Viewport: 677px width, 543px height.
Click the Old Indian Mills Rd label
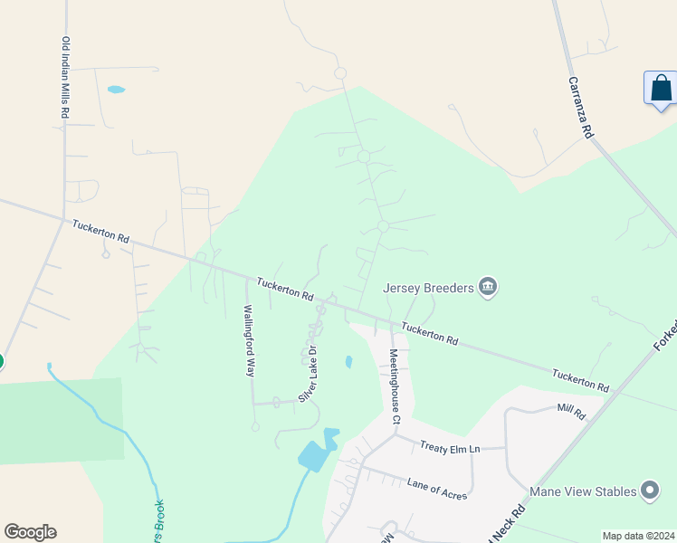pyautogui.click(x=64, y=80)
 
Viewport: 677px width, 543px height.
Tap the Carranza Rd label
pyautogui.click(x=580, y=107)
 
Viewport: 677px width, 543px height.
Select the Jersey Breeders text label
pyautogui.click(x=428, y=288)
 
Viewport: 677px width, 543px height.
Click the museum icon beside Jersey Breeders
pyautogui.click(x=489, y=288)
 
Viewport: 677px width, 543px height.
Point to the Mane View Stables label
pyautogui.click(x=586, y=491)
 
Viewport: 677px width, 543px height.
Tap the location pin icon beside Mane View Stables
pyautogui.click(x=649, y=491)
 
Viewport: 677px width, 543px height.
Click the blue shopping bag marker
pyautogui.click(x=661, y=89)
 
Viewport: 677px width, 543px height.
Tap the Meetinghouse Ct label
pyautogui.click(x=394, y=386)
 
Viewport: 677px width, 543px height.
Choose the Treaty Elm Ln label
pyautogui.click(x=449, y=448)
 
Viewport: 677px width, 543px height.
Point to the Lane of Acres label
pyautogui.click(x=436, y=490)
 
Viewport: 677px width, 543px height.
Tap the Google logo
pyautogui.click(x=30, y=532)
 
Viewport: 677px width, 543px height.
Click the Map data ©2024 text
pyautogui.click(x=638, y=535)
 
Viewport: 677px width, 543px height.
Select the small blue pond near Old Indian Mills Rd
pyautogui.click(x=116, y=90)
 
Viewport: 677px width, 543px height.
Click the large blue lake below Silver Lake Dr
pyautogui.click(x=314, y=455)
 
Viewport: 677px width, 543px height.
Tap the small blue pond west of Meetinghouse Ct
pyautogui.click(x=348, y=362)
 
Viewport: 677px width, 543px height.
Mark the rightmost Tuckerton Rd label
pyautogui.click(x=581, y=380)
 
